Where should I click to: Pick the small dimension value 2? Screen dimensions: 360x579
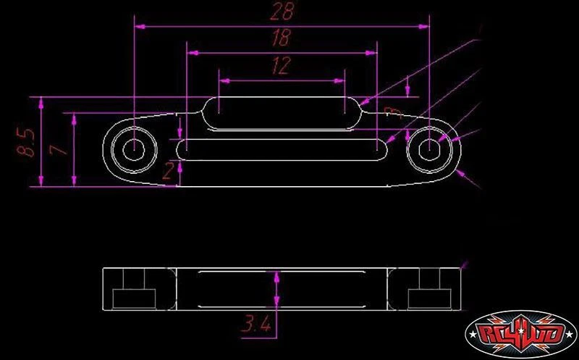[x=167, y=172]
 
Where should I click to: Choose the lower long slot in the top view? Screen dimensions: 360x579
[x=282, y=149]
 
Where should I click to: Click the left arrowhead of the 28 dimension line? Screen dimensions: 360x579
[x=139, y=26]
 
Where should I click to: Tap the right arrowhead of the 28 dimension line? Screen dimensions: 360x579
[x=426, y=26]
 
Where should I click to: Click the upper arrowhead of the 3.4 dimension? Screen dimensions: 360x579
[x=277, y=274]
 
